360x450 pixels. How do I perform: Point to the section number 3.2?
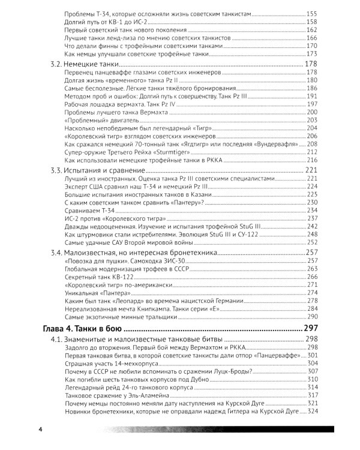click(x=57, y=64)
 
